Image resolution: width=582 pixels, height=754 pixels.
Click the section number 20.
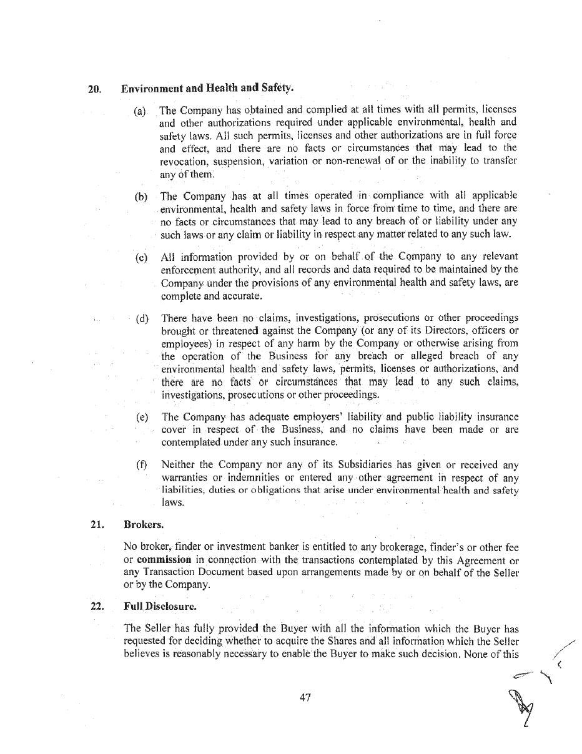(95, 89)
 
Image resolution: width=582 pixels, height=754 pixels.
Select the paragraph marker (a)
(140, 111)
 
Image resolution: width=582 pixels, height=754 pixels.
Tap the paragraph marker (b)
(141, 197)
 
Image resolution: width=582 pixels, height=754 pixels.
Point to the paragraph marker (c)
(141, 257)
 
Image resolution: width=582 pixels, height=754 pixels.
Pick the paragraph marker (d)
(142, 318)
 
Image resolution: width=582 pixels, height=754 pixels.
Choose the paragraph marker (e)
(142, 417)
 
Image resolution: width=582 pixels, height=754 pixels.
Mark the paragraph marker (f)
(142, 465)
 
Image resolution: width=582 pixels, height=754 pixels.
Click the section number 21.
(97, 524)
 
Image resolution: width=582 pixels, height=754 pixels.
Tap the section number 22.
(97, 605)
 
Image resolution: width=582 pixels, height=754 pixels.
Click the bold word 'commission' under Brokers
(164, 560)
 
